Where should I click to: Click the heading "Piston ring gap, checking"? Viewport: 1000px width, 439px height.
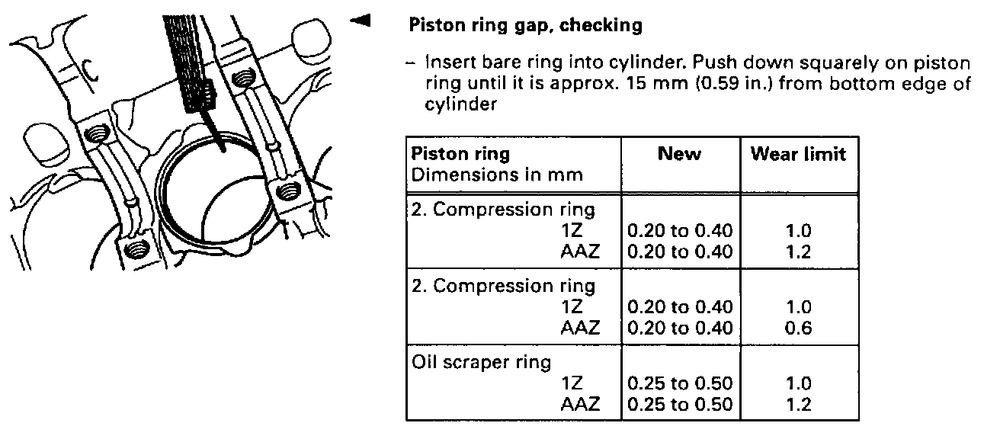[x=526, y=26]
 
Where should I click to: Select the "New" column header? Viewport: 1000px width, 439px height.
[x=679, y=154]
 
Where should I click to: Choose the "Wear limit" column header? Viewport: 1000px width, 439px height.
[x=798, y=154]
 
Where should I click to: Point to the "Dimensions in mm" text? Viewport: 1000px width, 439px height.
[x=497, y=175]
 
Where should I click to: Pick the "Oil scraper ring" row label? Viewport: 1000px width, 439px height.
[x=481, y=363]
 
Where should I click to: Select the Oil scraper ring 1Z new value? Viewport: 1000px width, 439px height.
[x=679, y=384]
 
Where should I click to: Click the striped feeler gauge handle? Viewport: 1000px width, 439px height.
[x=188, y=61]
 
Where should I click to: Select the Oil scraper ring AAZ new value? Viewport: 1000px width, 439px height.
[x=679, y=405]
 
